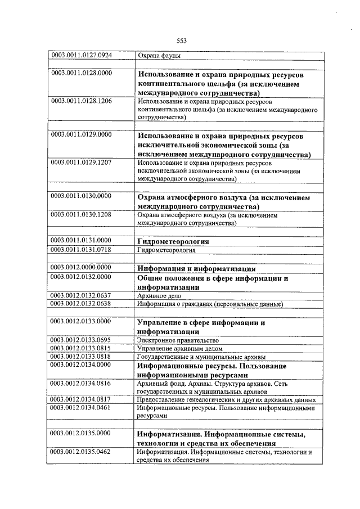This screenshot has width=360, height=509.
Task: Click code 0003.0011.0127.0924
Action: (82, 55)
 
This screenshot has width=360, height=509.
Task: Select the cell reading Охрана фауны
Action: (159, 56)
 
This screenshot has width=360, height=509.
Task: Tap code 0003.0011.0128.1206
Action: (82, 101)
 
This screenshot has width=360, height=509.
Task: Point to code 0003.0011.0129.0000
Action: (82, 135)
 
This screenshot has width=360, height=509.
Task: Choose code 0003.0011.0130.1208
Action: (82, 214)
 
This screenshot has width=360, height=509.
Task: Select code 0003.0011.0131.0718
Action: (82, 249)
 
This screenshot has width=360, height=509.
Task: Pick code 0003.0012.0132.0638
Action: (82, 304)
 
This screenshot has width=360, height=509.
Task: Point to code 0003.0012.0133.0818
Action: (82, 356)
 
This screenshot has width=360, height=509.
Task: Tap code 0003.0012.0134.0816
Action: (82, 383)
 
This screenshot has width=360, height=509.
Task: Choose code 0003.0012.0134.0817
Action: (82, 400)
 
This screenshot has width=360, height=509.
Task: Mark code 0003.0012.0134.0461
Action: (82, 408)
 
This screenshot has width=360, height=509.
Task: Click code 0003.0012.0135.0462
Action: (82, 452)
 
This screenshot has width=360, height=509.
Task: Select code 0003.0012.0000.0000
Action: (82, 268)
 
